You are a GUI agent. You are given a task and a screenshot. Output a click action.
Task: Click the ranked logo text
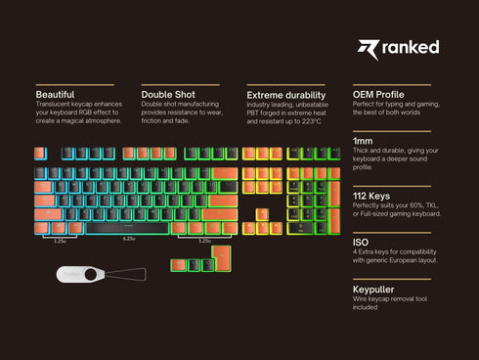(411, 47)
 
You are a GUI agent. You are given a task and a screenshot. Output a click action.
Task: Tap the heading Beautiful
(54, 94)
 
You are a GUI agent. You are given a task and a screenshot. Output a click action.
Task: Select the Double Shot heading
(168, 94)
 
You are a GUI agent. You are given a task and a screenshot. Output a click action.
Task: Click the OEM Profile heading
(379, 94)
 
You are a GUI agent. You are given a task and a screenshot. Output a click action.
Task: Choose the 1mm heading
(363, 141)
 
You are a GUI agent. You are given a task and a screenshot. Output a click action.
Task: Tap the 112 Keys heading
(371, 196)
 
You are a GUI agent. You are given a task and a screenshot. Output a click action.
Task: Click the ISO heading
(361, 241)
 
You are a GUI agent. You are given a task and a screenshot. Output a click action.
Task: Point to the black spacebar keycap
(128, 228)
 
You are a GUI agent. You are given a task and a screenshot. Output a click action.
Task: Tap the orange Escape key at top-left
(41, 154)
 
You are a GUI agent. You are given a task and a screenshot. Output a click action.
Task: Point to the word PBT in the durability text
(255, 112)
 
